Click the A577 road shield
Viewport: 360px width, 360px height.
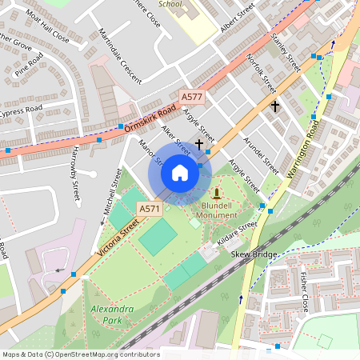[x=192, y=97]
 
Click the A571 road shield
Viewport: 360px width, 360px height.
[x=150, y=209]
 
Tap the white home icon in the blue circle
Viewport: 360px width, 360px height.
[x=180, y=172]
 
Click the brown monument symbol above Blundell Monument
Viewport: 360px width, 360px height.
[x=216, y=194]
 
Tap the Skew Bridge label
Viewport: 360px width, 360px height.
[x=253, y=254]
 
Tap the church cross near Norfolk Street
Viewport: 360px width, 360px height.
[x=275, y=106]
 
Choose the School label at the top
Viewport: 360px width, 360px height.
[x=170, y=4]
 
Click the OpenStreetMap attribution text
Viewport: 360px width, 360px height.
[x=80, y=354]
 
